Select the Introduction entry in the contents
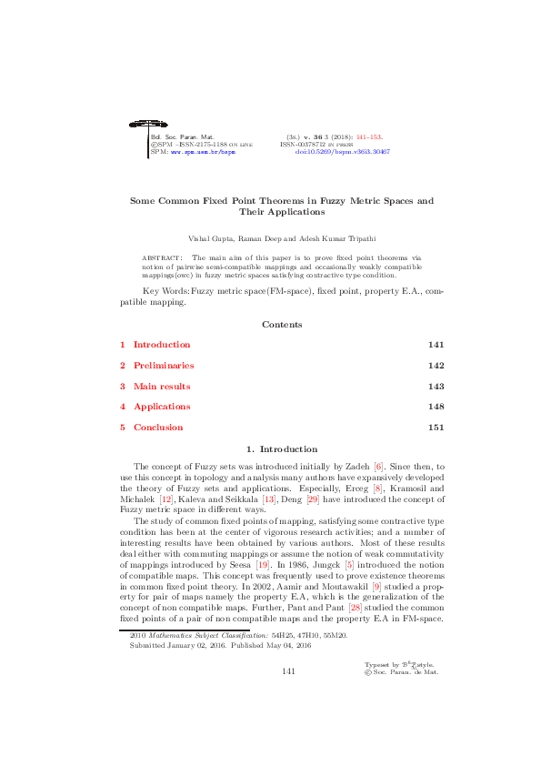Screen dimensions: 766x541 point(162,345)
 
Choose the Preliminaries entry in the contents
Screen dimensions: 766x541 point(164,366)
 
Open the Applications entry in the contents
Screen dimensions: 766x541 point(162,407)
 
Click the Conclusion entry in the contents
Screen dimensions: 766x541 point(158,428)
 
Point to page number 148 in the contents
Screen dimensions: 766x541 point(436,407)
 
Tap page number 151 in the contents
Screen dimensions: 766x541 point(436,428)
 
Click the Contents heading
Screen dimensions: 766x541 point(282,325)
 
